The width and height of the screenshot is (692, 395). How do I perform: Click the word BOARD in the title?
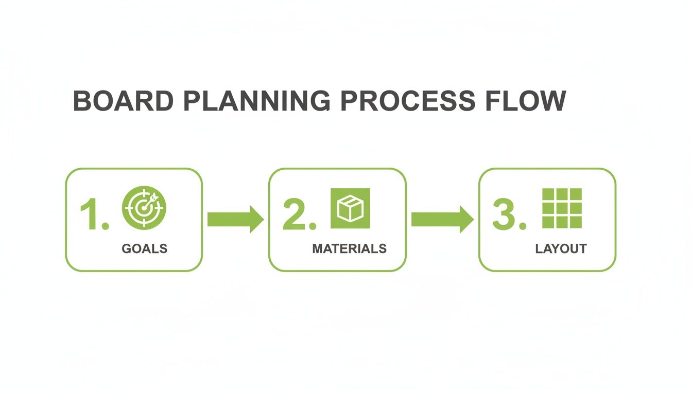tap(123, 101)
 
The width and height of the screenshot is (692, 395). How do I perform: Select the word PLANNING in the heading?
tap(257, 101)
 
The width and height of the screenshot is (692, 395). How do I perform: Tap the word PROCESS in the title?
tap(408, 101)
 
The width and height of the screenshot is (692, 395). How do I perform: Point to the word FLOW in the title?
tap(526, 101)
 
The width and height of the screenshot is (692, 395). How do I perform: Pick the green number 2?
tap(294, 214)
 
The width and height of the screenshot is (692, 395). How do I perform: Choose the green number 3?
tap(504, 214)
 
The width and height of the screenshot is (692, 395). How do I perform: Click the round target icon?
tap(144, 208)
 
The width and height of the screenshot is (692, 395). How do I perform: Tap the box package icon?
tap(350, 208)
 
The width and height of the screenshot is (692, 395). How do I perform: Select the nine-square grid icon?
tap(562, 208)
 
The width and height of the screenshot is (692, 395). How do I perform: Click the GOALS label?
tap(145, 249)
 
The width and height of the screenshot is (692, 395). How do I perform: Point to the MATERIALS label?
tap(350, 249)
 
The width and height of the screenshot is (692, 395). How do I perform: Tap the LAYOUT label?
tap(561, 249)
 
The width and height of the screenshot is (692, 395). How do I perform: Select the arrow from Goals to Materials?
tap(236, 219)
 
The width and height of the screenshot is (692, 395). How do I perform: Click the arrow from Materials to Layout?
tap(442, 219)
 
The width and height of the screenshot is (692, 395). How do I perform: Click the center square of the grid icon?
tap(562, 208)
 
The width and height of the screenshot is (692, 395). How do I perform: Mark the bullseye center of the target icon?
tap(143, 208)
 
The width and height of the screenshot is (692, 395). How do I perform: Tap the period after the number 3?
tap(523, 226)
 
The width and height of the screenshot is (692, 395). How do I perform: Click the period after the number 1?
tap(106, 226)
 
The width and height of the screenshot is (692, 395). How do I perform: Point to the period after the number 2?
tap(313, 226)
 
